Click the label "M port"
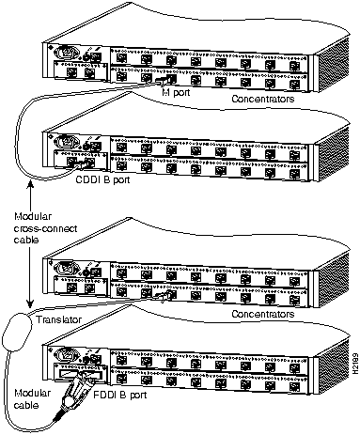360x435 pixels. click(x=176, y=92)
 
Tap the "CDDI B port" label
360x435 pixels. click(x=102, y=180)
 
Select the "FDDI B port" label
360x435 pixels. click(x=120, y=395)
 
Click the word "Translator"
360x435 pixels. click(x=58, y=319)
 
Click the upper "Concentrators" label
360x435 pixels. click(x=263, y=99)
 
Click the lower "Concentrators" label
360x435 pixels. click(x=263, y=314)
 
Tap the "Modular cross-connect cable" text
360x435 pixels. click(x=45, y=228)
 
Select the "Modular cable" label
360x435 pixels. click(x=32, y=399)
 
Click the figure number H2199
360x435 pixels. click(x=355, y=364)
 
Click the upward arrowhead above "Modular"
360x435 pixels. click(x=30, y=183)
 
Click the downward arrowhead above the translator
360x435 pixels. click(x=30, y=304)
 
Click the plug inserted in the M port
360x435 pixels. click(x=164, y=80)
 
